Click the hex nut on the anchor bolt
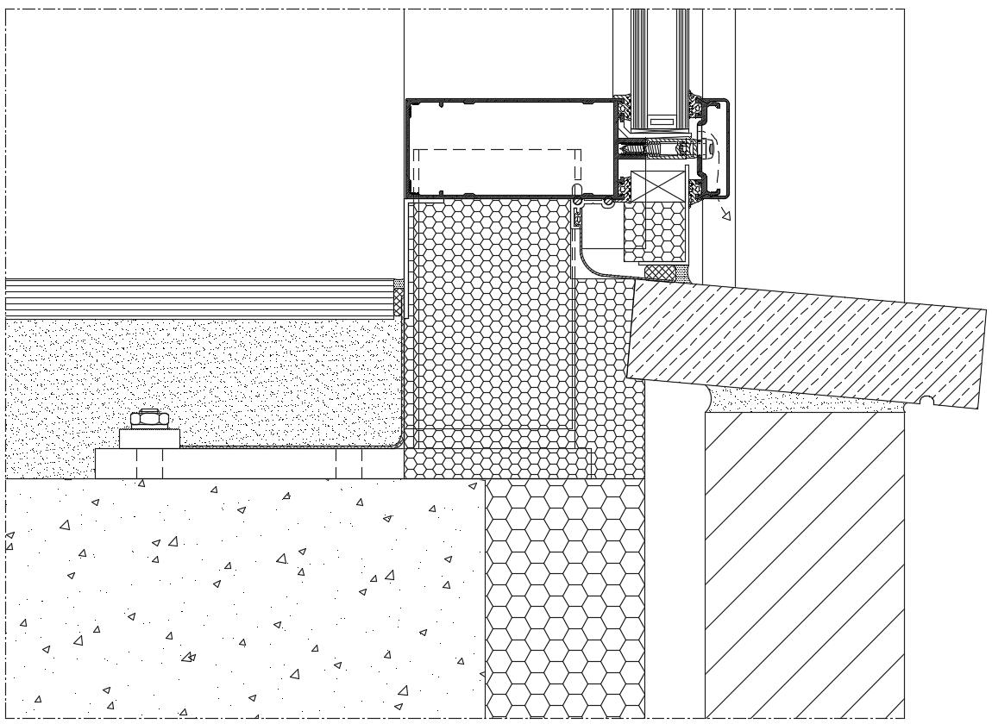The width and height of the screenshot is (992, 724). tap(148, 419)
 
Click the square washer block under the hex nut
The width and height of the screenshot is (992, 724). tap(149, 438)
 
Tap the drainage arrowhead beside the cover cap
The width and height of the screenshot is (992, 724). tap(725, 214)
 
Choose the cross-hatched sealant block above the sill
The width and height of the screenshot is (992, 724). tap(661, 271)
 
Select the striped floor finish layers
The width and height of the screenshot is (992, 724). tap(198, 297)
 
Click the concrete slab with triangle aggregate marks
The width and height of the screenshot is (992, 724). tap(242, 595)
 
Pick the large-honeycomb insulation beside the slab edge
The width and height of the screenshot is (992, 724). tap(565, 595)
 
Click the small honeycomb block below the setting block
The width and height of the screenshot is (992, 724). tap(655, 231)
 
